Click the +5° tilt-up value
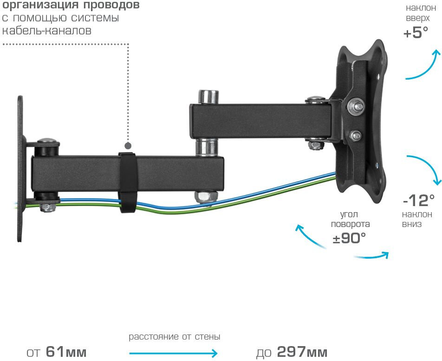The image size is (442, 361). (x=416, y=32)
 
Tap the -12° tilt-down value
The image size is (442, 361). (x=419, y=201)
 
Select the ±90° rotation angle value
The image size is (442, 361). (x=349, y=238)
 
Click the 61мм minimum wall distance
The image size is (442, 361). (x=66, y=352)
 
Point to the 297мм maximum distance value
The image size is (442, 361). (x=302, y=352)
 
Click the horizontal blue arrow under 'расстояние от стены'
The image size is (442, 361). (x=173, y=353)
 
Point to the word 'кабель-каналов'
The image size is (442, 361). (x=47, y=30)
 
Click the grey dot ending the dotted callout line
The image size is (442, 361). (x=128, y=146)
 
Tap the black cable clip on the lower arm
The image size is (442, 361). (x=127, y=182)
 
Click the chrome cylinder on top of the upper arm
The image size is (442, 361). (x=208, y=97)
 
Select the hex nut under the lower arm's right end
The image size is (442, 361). (x=206, y=197)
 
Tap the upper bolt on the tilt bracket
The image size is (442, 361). (x=356, y=107)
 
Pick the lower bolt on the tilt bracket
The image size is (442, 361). (x=356, y=135)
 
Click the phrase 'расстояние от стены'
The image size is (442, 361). (x=175, y=337)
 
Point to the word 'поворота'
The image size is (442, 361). (x=351, y=224)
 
